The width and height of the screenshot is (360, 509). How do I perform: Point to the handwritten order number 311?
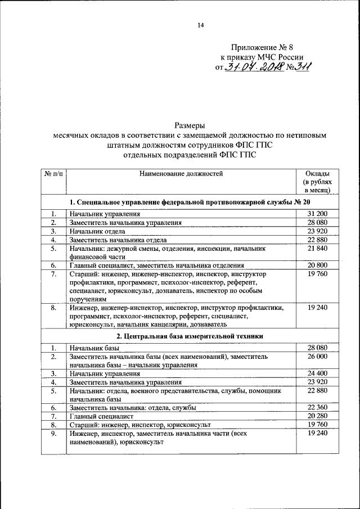tap(301, 67)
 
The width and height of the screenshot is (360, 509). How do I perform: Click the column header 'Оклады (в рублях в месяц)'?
tap(317, 182)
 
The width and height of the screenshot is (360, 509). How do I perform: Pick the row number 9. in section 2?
tap(53, 434)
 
